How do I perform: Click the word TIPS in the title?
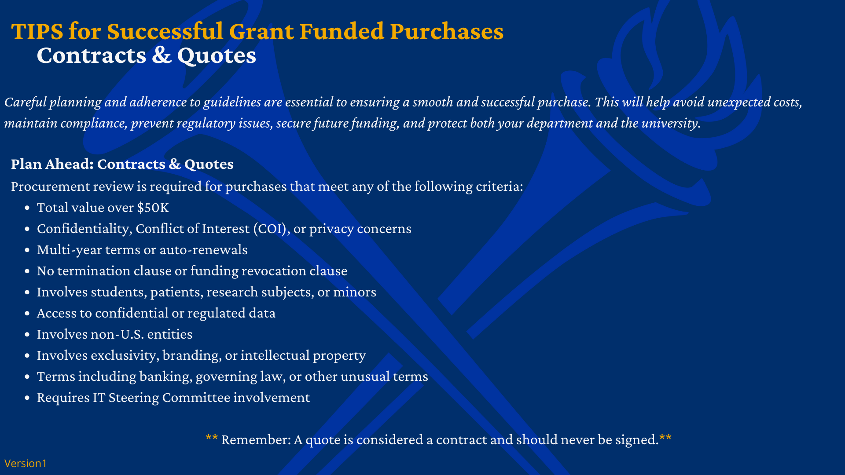tap(37, 32)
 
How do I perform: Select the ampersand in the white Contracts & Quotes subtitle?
tap(162, 55)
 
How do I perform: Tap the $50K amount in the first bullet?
tap(153, 208)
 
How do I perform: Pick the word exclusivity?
tap(125, 355)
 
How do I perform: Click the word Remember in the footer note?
tap(256, 440)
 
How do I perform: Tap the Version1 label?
tap(26, 464)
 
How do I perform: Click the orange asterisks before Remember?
tap(212, 438)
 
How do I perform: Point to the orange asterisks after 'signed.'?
tap(665, 438)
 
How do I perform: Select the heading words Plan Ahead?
tap(52, 164)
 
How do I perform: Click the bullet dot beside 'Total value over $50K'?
tap(27, 208)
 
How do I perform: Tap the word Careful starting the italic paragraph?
tap(26, 102)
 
